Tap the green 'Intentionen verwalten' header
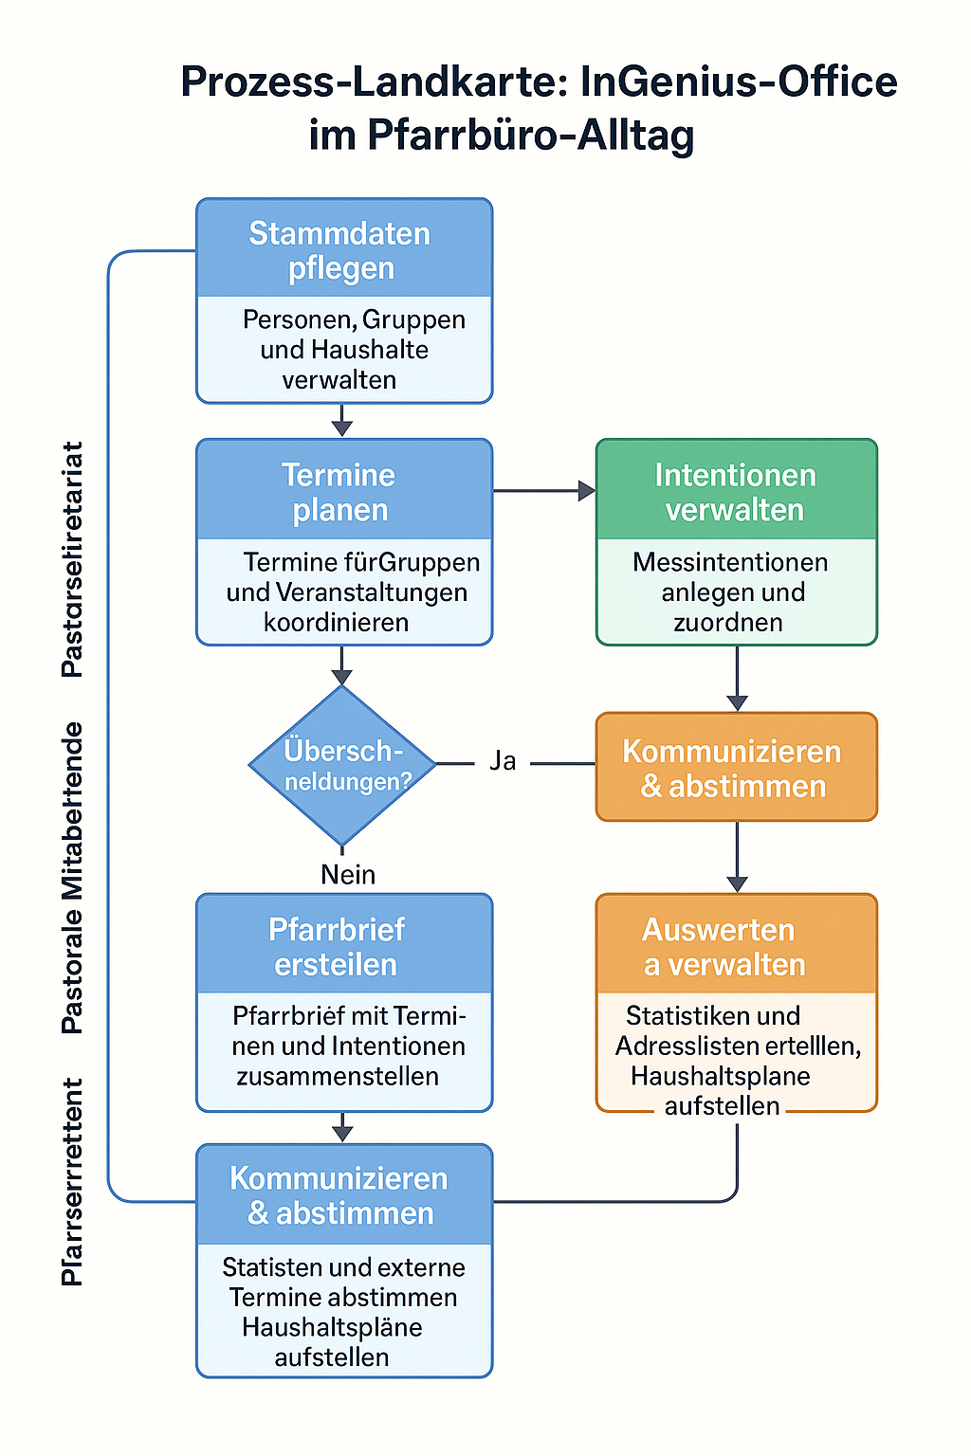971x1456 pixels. pos(736,491)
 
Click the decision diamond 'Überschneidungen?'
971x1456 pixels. pos(342,764)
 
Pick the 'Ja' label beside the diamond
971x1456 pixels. pos(503,761)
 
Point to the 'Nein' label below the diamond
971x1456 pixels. pos(348,874)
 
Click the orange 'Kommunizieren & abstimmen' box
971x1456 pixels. pos(736,767)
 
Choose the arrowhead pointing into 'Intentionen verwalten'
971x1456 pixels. pos(586,491)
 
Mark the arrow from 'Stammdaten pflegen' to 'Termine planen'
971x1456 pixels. pos(342,421)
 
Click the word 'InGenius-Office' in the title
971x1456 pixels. pos(739,82)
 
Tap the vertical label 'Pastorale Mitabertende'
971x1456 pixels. pos(72,877)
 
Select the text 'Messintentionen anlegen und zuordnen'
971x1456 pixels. pos(732,592)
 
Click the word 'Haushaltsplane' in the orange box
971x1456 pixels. pos(720,1076)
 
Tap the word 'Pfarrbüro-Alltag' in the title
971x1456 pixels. pos(531,135)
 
